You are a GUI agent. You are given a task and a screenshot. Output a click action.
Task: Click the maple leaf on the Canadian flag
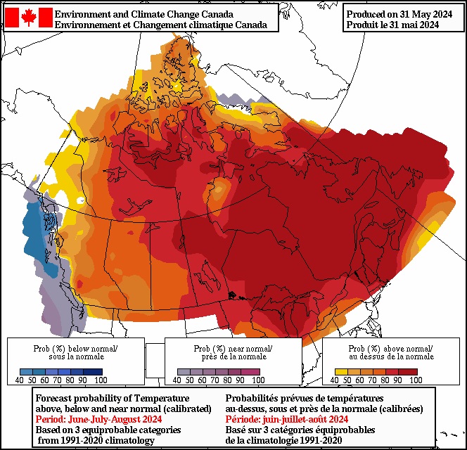[29, 18]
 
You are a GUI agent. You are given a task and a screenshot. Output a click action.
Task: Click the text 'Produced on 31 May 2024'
[398, 13]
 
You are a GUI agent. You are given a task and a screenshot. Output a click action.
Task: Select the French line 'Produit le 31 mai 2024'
[392, 25]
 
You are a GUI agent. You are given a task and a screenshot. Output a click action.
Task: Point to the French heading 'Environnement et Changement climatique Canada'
[160, 25]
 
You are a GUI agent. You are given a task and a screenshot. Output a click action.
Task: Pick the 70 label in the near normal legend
[209, 380]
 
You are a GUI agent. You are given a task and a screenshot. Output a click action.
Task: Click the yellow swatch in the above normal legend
[340, 371]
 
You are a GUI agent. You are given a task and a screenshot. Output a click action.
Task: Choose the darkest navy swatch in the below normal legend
[95, 371]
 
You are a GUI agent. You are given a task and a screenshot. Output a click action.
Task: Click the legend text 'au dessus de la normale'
[390, 356]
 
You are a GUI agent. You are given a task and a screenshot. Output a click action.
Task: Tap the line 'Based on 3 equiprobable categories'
[108, 430]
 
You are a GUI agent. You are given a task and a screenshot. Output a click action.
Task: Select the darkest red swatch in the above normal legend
[410, 371]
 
